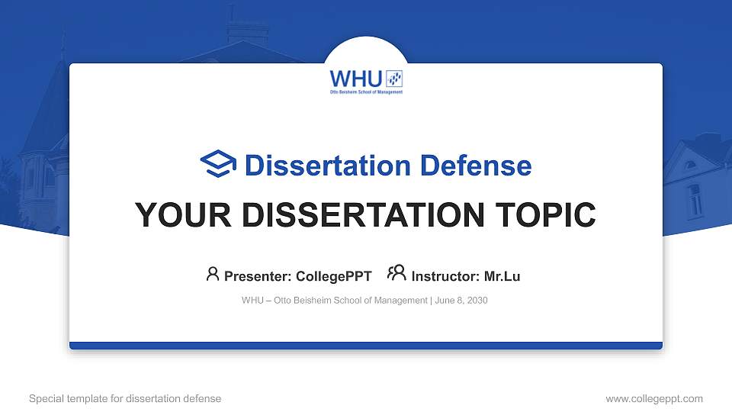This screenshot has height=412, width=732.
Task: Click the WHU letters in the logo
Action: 356,79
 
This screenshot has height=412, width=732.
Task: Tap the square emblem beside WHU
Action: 394,79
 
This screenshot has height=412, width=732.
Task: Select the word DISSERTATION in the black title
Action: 362,215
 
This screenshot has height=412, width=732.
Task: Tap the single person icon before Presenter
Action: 213,274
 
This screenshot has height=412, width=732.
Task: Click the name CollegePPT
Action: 333,276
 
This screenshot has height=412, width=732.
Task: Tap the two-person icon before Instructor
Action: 396,274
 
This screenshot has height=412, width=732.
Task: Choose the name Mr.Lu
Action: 502,276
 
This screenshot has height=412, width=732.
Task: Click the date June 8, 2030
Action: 462,301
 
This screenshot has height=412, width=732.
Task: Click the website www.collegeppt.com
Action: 653,398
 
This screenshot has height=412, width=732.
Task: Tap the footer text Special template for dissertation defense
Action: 125,398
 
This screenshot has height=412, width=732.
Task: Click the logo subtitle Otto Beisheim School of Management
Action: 365,92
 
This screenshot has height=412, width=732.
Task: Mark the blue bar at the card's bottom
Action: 366,346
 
